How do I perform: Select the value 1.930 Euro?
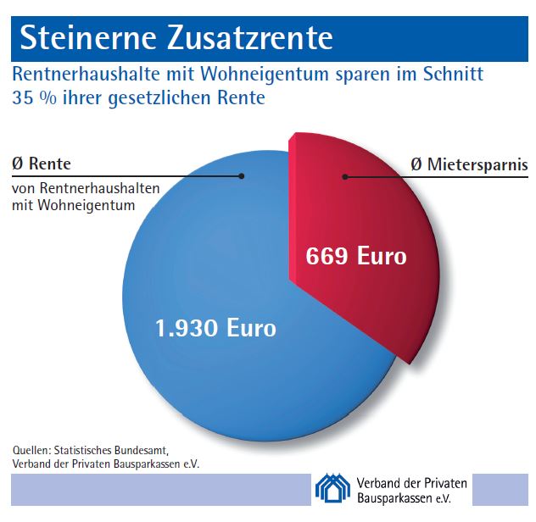point(215,327)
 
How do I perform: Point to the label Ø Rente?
point(42,164)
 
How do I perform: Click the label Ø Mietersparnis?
point(468,164)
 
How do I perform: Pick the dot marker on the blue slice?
point(243,176)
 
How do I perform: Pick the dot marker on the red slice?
point(344,176)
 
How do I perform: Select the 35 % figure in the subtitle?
point(31,98)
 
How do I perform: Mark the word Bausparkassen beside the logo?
point(394,497)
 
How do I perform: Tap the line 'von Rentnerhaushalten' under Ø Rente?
point(86,188)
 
